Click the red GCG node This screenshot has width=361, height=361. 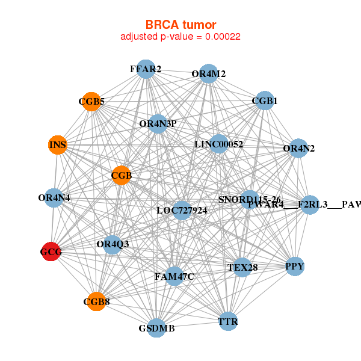point(51,253)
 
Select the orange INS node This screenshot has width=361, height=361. point(57,145)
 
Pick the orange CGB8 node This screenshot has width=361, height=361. point(96,301)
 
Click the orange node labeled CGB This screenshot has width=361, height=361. point(122,175)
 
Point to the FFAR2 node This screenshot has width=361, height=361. point(146,69)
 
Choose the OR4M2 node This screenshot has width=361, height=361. point(209,74)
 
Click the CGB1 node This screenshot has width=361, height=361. point(265,100)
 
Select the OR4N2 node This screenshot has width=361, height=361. point(298,148)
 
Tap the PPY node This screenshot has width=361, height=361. point(294,266)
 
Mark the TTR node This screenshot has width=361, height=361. point(228,322)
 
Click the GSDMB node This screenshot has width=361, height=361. point(156,328)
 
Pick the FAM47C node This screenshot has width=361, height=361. point(174,277)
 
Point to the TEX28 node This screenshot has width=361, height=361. point(242,267)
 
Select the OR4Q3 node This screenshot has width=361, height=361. point(113,244)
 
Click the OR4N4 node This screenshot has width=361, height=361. point(54,197)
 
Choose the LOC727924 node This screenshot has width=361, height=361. point(181,210)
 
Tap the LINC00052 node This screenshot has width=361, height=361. point(219,144)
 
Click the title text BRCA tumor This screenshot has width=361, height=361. point(180,25)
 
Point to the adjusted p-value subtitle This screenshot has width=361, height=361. point(180,37)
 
